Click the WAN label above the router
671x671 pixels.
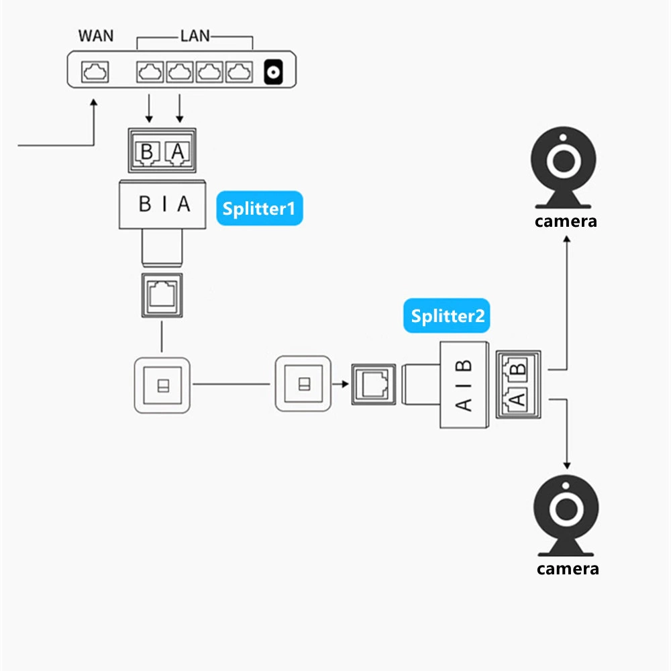(96, 35)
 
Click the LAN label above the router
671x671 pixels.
(194, 35)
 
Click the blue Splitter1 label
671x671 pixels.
(259, 209)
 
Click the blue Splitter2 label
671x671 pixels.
(447, 315)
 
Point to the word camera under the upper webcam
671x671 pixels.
(565, 221)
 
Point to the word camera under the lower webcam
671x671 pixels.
(567, 568)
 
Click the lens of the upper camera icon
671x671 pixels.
(564, 161)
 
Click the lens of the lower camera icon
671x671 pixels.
(566, 509)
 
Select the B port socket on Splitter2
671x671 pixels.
(517, 368)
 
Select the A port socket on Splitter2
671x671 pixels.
(517, 399)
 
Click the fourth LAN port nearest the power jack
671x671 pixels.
(238, 71)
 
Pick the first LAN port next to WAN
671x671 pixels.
(149, 71)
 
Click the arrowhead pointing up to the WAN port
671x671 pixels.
(93, 103)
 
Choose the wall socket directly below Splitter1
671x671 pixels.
(162, 385)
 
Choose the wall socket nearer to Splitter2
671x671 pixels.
(303, 384)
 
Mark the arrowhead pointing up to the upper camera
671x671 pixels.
(567, 240)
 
